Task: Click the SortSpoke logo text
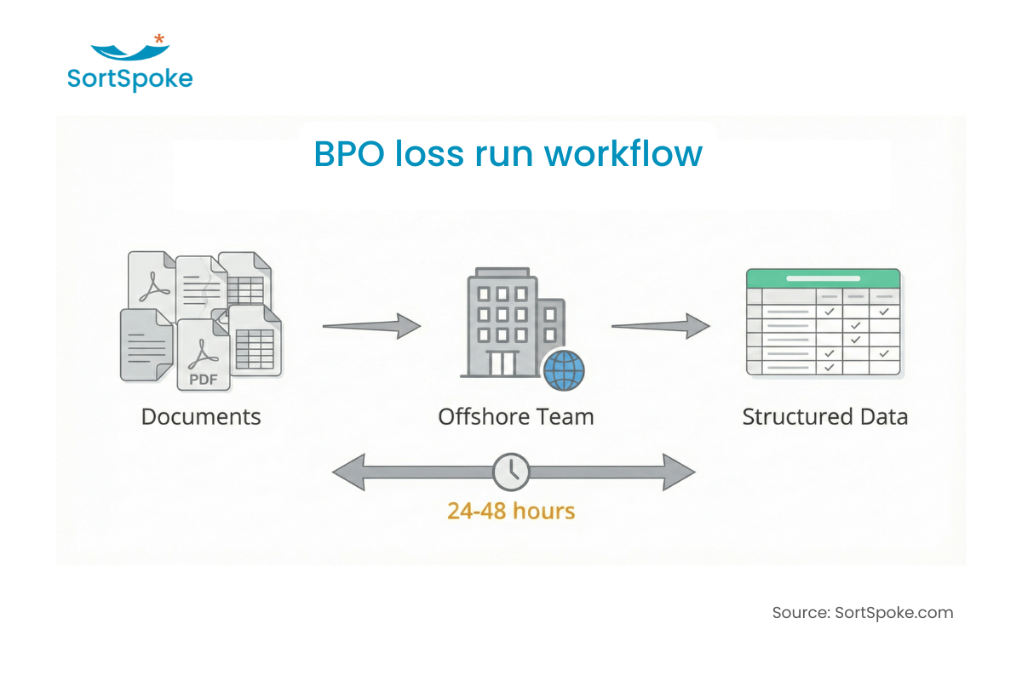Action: pos(129,79)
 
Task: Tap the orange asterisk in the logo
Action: pos(159,39)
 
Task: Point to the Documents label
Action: pos(201,417)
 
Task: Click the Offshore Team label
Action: pos(515,417)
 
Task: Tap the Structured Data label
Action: pos(824,417)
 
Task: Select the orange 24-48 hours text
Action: pos(511,511)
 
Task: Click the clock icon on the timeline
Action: pos(511,472)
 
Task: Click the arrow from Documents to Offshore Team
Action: pos(371,325)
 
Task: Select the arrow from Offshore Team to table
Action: pos(661,325)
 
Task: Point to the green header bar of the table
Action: pos(823,278)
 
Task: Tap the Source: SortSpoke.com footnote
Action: pos(862,613)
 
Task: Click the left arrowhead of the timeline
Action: pos(347,472)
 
